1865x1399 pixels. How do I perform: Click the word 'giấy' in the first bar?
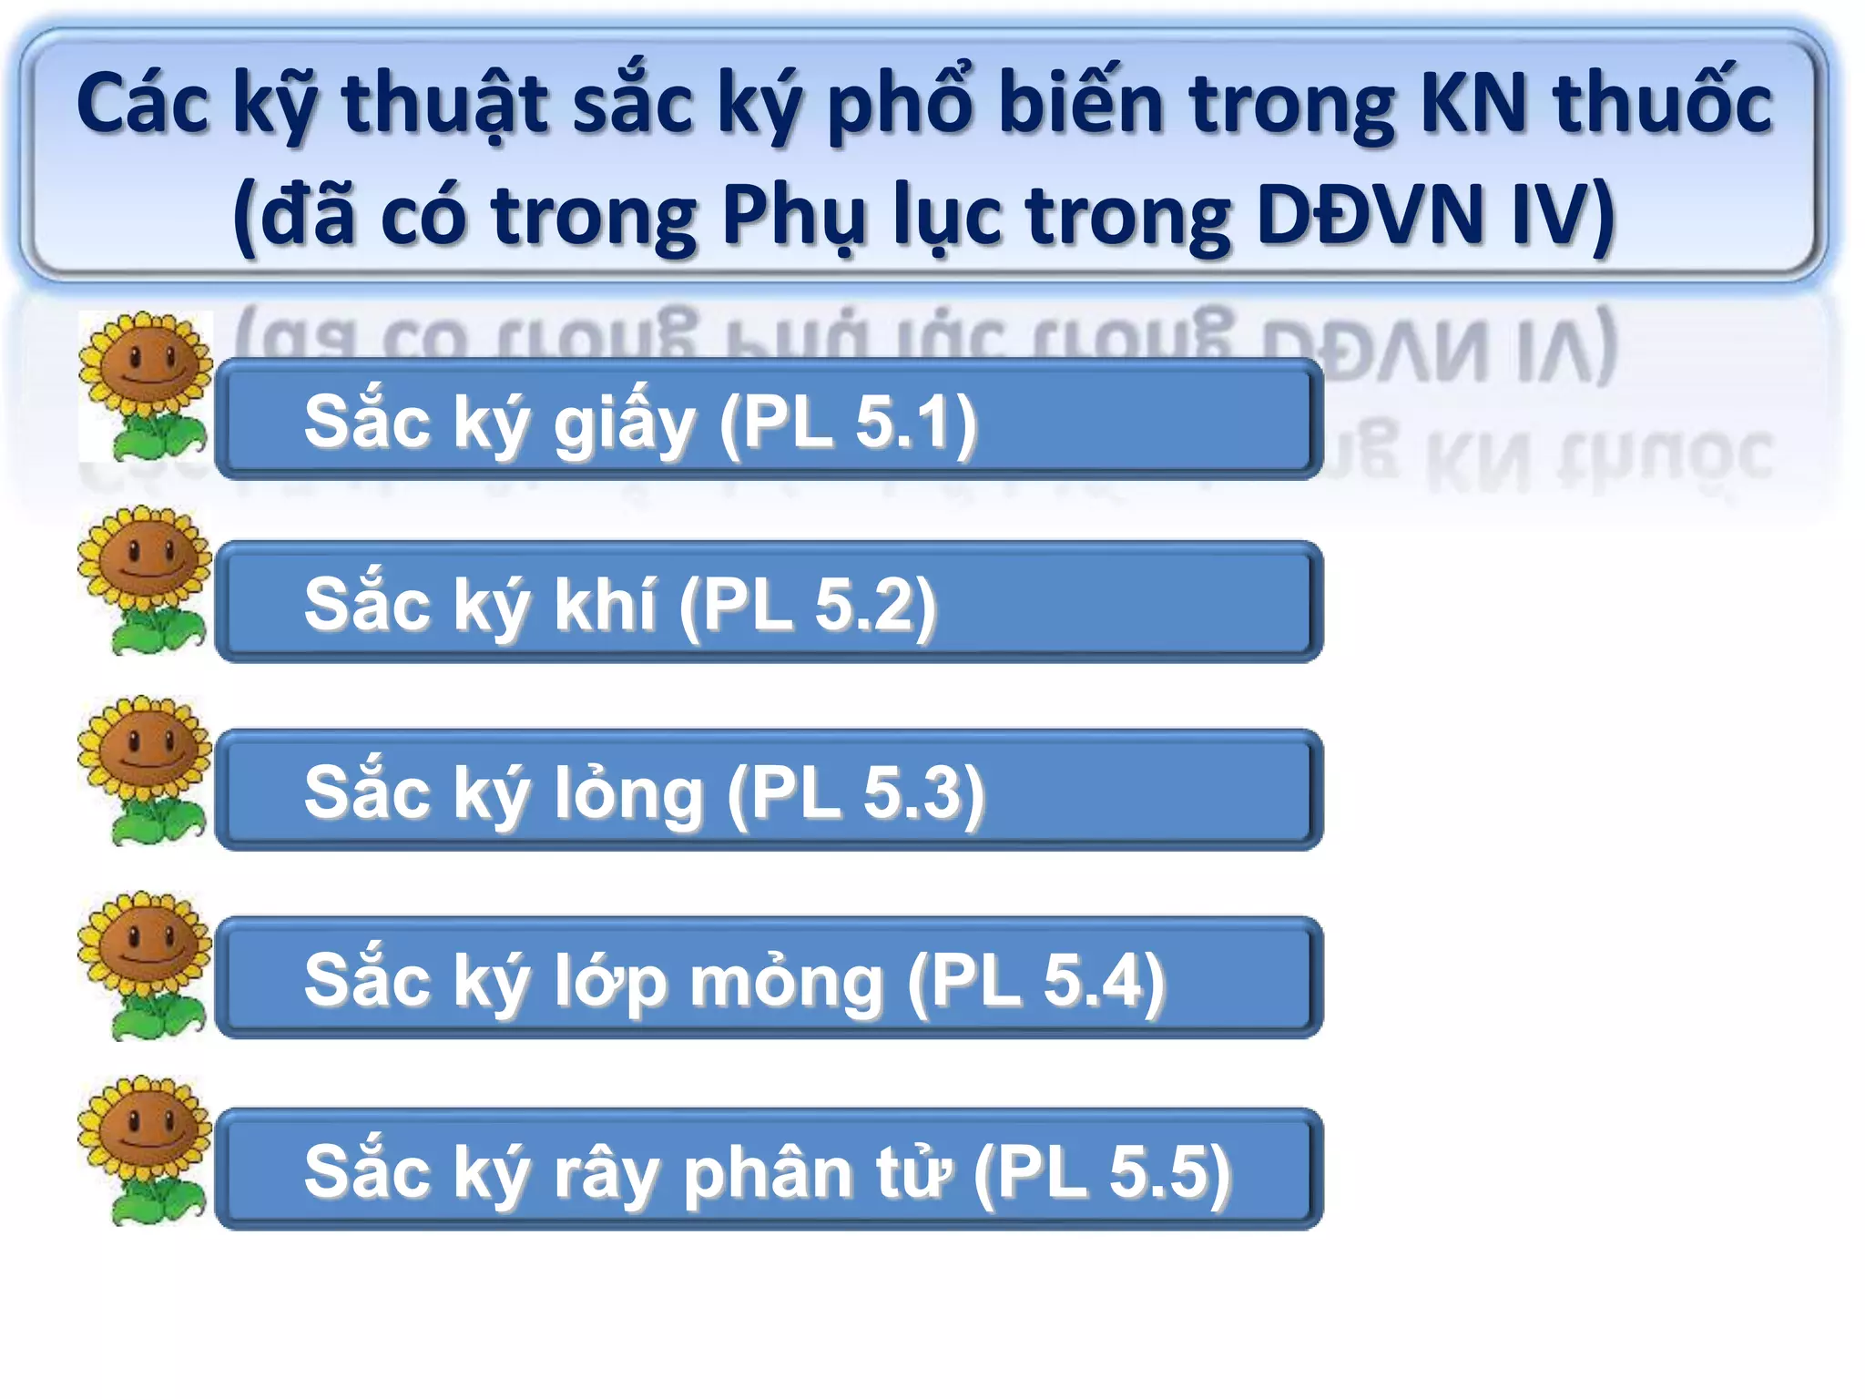click(x=625, y=424)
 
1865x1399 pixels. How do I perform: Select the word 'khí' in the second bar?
click(x=605, y=605)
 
